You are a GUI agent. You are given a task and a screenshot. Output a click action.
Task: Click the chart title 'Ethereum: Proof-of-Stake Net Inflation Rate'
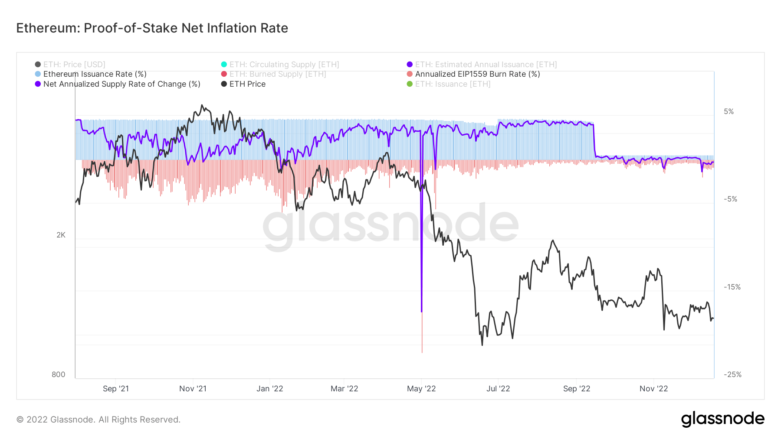[152, 28]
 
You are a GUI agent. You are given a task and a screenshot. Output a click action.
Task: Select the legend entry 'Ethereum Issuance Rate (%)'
[95, 74]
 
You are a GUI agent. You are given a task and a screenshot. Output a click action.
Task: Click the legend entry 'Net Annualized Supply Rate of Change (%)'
[121, 84]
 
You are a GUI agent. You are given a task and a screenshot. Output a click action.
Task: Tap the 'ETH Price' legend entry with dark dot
[247, 84]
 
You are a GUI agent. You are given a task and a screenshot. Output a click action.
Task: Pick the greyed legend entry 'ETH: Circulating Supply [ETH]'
[284, 65]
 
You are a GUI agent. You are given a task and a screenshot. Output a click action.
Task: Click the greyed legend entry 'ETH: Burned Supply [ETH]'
[277, 74]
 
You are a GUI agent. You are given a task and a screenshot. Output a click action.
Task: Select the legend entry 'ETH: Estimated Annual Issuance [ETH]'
[486, 65]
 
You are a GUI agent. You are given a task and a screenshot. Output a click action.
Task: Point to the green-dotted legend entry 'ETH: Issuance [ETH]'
[453, 84]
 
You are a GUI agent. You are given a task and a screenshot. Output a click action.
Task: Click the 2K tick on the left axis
[61, 235]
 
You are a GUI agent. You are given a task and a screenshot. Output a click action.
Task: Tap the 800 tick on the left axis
[59, 374]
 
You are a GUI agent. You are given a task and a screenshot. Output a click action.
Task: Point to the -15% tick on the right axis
[732, 287]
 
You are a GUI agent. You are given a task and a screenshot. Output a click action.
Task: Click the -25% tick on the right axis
[732, 374]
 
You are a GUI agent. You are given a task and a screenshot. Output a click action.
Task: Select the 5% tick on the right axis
[728, 111]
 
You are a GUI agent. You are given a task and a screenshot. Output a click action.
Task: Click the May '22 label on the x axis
[421, 389]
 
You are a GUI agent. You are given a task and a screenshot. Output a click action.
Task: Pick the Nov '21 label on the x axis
[193, 389]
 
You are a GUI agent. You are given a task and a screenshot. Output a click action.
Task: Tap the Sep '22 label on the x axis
[576, 389]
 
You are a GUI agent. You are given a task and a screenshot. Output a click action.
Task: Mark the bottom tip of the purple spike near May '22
[421, 311]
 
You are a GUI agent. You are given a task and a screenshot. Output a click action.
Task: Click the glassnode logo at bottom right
[722, 419]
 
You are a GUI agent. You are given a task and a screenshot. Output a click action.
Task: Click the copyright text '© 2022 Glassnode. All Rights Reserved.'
[98, 419]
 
